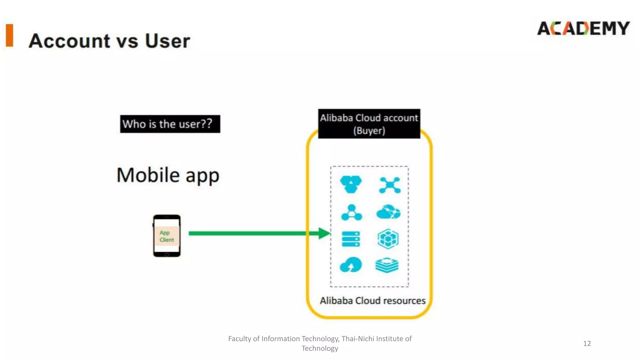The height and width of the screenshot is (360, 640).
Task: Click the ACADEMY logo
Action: (x=583, y=28)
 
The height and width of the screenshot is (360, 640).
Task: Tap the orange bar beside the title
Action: (x=10, y=35)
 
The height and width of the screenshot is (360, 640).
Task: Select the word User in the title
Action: (x=167, y=41)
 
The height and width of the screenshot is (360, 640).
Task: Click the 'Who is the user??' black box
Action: (x=170, y=124)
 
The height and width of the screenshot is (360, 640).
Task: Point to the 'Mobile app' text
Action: (x=168, y=175)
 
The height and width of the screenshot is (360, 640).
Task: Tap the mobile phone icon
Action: (x=167, y=236)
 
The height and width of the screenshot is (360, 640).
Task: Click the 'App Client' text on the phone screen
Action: (x=167, y=236)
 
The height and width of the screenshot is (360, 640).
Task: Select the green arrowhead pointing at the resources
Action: (x=324, y=233)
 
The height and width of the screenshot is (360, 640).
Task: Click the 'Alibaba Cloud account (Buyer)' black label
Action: (x=369, y=124)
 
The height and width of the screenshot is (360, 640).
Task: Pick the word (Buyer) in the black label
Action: (x=369, y=131)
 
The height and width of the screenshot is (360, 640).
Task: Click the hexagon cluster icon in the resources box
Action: (x=351, y=184)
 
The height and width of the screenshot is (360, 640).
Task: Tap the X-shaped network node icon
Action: (x=389, y=185)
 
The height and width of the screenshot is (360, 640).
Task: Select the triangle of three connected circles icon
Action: (x=351, y=213)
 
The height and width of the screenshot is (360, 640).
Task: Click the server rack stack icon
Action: (x=351, y=239)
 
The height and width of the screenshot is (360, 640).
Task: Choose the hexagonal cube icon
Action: (x=388, y=239)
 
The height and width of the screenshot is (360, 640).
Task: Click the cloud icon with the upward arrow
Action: (x=351, y=265)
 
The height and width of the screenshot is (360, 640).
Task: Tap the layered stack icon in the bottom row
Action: (x=387, y=265)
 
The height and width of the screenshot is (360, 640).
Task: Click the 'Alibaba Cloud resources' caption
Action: (x=372, y=301)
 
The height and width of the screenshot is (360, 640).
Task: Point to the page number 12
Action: (x=587, y=343)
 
